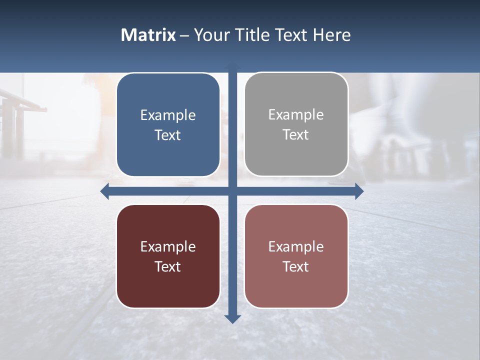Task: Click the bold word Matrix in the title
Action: (x=148, y=35)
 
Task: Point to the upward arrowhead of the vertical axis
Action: (x=232, y=66)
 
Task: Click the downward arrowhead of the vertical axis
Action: (x=232, y=318)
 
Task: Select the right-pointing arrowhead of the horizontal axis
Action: (x=359, y=191)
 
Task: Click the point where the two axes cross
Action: (x=232, y=191)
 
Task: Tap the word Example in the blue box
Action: (x=168, y=115)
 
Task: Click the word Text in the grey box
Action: (x=296, y=135)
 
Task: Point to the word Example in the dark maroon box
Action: (x=168, y=246)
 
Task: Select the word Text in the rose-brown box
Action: (x=296, y=266)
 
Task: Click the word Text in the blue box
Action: (x=168, y=135)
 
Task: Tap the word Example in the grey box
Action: (x=296, y=114)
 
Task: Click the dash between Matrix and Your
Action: (x=184, y=35)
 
